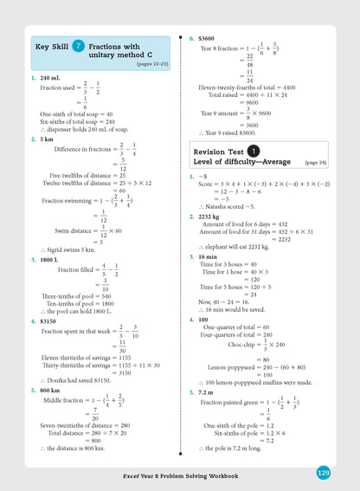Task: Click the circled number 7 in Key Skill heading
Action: click(x=79, y=44)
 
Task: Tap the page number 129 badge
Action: click(x=323, y=473)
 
